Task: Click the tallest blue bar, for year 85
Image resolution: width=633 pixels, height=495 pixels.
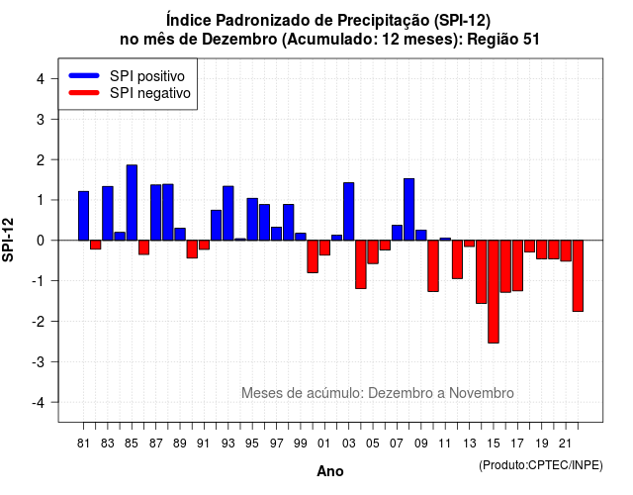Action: coord(132,202)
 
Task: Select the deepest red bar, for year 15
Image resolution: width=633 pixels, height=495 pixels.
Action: coord(494,292)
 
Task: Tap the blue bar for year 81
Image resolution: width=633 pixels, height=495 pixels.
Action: coord(83,216)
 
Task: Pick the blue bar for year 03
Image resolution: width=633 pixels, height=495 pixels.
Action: coord(349,211)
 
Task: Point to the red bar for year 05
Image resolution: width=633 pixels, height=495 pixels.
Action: coord(373,252)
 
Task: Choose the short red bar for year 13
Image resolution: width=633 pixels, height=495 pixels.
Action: coord(469,244)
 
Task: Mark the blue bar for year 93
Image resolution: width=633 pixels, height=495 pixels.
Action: coord(228,214)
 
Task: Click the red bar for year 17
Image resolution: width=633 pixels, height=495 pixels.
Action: coord(517,265)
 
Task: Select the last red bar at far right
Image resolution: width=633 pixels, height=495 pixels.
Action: coord(578,276)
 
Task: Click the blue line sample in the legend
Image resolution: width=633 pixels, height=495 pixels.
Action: coord(84,75)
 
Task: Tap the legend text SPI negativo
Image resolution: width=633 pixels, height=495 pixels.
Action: coord(150,93)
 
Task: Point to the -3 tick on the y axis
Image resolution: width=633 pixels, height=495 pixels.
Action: coord(53,361)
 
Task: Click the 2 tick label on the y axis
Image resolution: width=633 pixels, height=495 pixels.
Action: coord(41,160)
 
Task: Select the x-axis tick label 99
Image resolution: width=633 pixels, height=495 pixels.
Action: coord(301,444)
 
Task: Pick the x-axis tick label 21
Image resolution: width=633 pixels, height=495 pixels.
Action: coord(565,444)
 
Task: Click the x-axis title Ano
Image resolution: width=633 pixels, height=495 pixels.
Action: coord(330,471)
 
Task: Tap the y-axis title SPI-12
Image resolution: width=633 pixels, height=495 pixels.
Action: coord(8,240)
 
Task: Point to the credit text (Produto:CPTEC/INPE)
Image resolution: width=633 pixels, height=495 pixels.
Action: coord(541,465)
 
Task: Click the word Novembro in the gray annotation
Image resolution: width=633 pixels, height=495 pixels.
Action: coord(482,393)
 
